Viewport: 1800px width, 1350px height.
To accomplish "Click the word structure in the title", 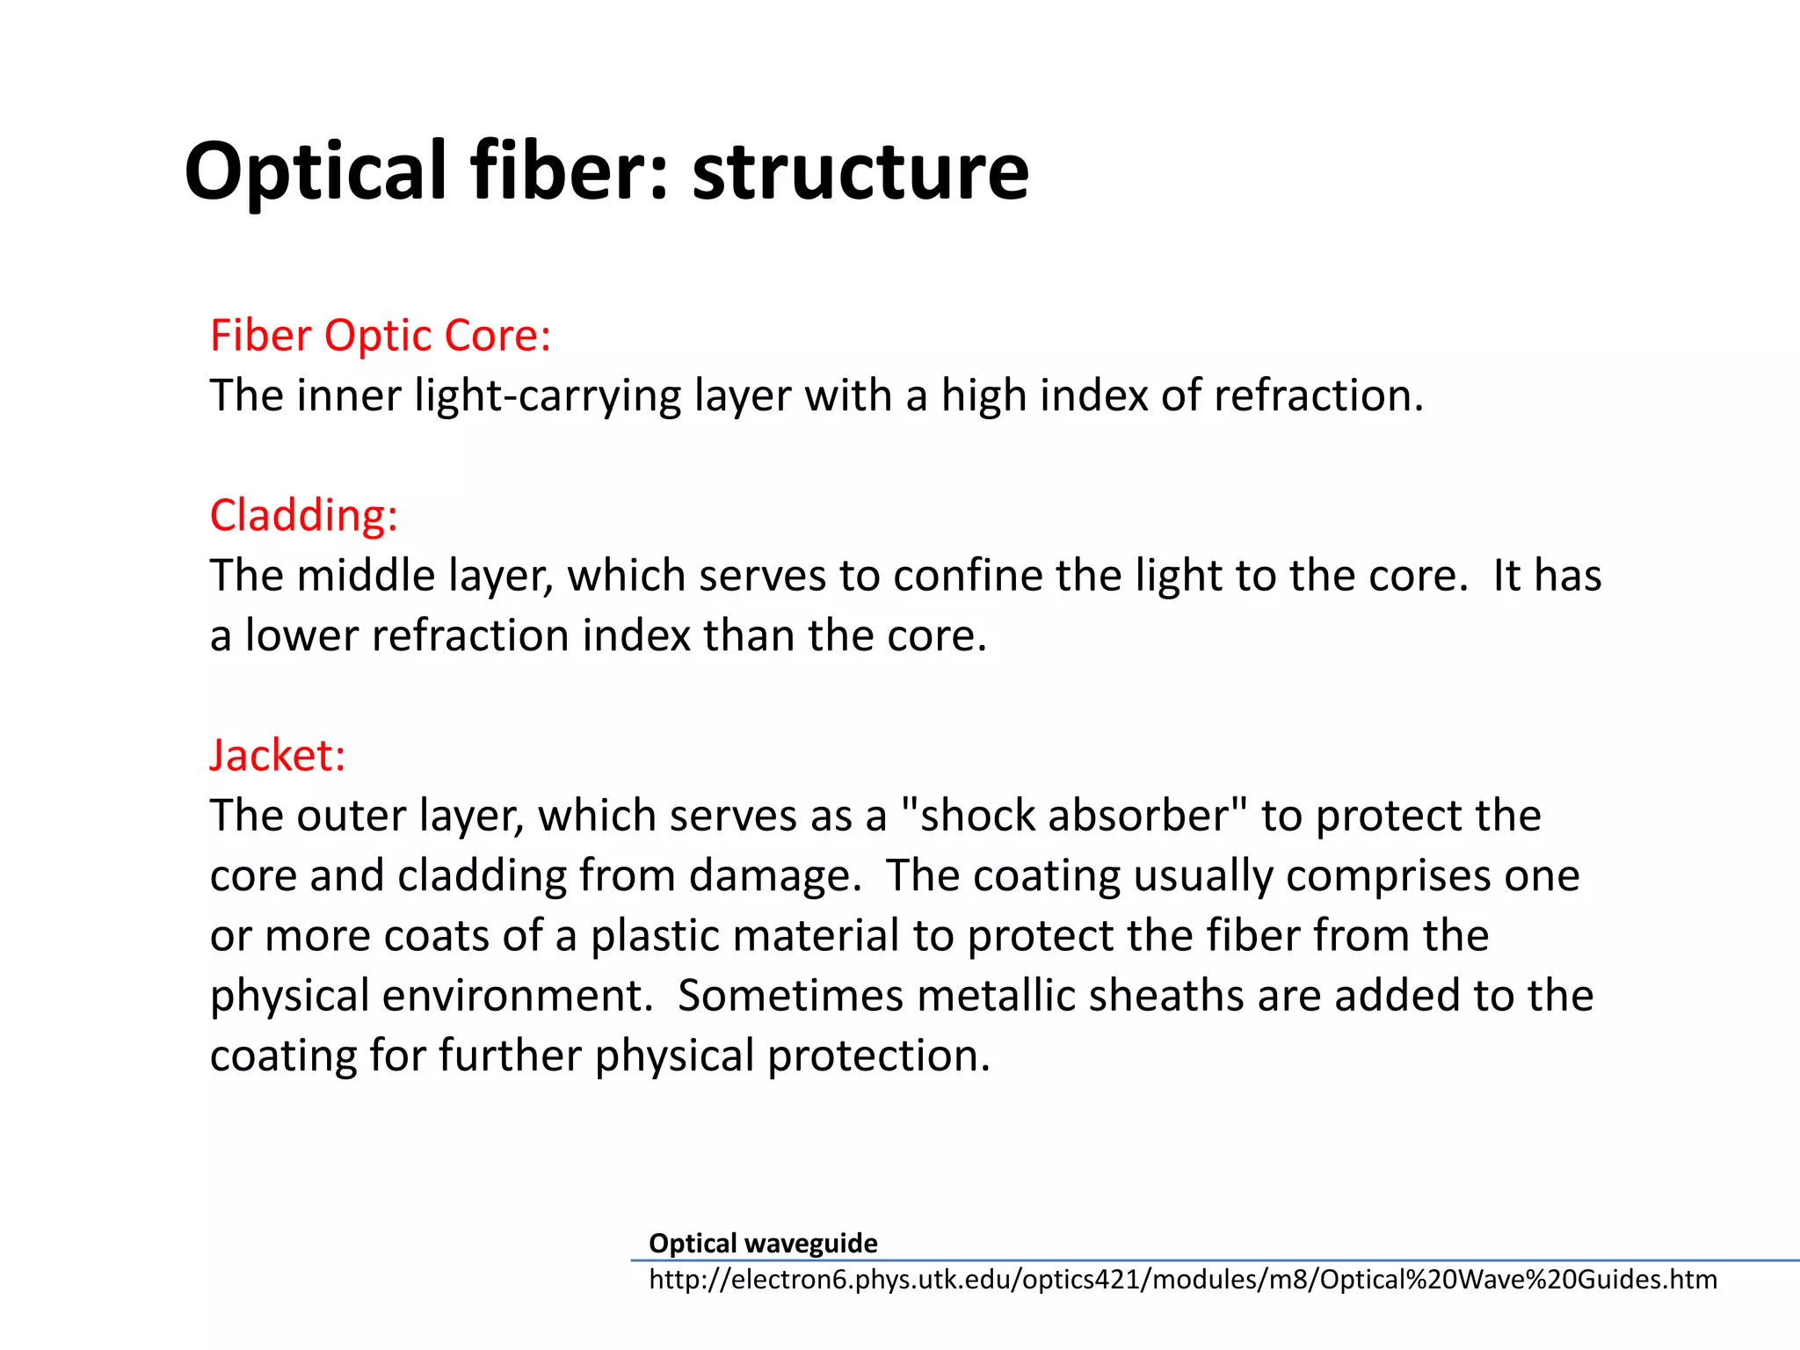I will coord(860,171).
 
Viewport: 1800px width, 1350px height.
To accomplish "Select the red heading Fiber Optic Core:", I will coord(381,336).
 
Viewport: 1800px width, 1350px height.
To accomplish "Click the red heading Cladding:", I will coord(303,515).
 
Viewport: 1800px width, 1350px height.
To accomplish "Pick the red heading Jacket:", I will coord(278,756).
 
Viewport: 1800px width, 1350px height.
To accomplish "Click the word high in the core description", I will coord(983,396).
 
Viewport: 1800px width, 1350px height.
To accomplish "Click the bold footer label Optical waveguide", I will coord(762,1243).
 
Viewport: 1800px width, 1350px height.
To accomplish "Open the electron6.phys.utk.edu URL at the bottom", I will coord(1182,1280).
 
